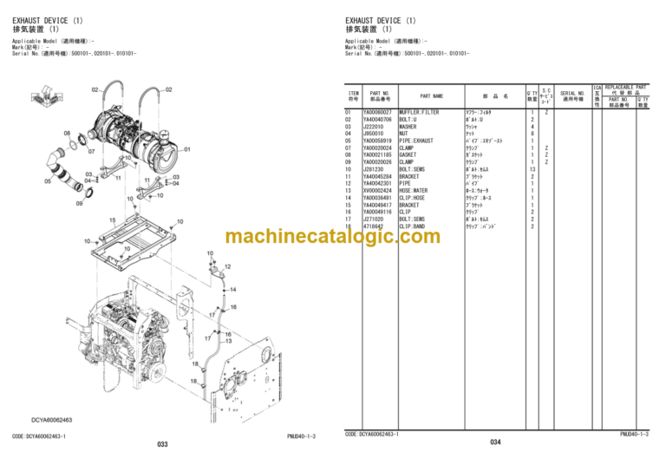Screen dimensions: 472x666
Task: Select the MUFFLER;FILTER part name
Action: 419,113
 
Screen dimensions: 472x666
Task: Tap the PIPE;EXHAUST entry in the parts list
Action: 417,141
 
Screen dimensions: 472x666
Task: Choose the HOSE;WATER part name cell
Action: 415,191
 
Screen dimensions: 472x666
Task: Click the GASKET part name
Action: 408,155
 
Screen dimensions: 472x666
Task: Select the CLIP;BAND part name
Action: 413,226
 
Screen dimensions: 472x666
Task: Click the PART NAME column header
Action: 431,96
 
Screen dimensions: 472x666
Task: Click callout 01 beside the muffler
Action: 186,149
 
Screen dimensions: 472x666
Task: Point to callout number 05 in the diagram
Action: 48,181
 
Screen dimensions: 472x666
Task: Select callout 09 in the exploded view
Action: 79,204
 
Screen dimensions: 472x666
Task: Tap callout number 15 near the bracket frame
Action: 112,220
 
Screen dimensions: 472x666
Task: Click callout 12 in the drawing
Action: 226,265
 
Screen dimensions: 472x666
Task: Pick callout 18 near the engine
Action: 194,364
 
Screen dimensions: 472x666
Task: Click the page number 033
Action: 162,443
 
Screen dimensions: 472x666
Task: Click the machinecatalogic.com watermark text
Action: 332,237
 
